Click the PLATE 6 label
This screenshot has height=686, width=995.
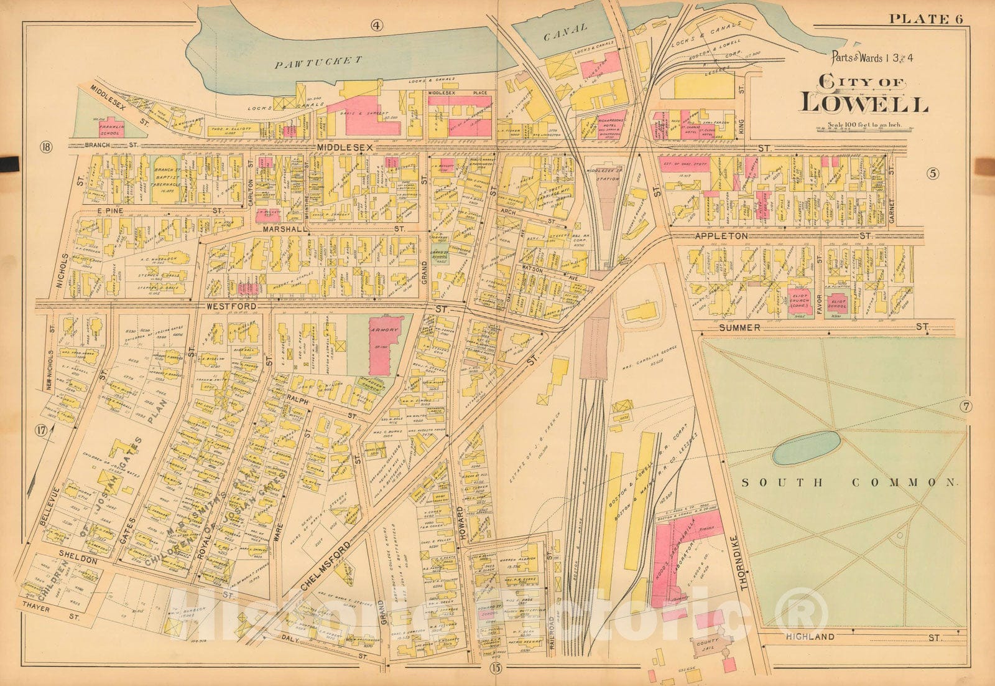924,18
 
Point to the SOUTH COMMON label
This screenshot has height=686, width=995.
849,482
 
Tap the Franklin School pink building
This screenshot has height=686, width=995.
113,128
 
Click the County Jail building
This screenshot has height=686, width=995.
710,647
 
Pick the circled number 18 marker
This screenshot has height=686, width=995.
46,147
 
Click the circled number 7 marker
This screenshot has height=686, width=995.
965,408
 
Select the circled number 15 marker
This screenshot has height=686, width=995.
495,669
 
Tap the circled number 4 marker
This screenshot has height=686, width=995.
376,26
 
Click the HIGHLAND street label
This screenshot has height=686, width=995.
808,637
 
